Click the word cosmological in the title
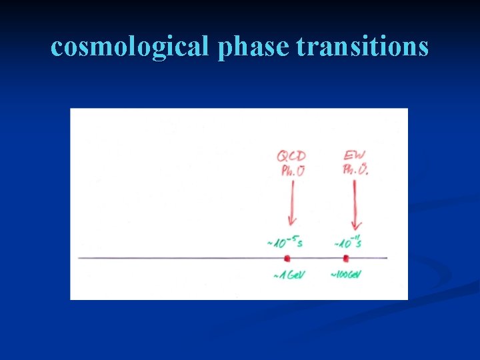point(130,47)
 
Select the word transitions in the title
point(363,47)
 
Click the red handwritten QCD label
point(291,156)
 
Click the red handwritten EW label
point(354,156)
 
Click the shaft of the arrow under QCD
point(291,200)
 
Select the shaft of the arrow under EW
point(355,200)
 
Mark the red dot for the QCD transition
point(287,258)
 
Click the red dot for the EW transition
point(345,258)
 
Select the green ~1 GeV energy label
point(289,275)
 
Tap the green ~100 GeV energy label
point(345,275)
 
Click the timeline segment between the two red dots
point(316,258)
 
